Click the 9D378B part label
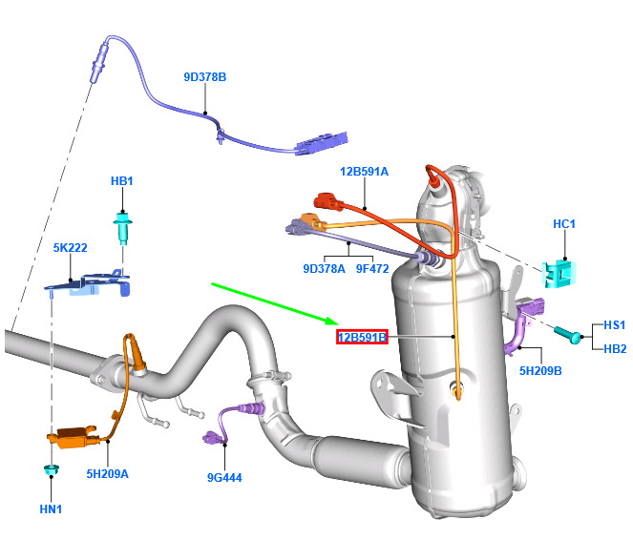click(x=204, y=77)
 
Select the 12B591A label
click(x=364, y=172)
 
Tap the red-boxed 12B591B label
click(x=362, y=337)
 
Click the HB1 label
click(x=122, y=181)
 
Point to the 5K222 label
click(x=71, y=248)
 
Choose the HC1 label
click(x=564, y=224)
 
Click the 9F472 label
click(x=372, y=269)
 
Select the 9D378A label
click(x=325, y=269)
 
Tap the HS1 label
click(x=615, y=324)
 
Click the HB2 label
click(x=615, y=348)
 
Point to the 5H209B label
click(x=540, y=370)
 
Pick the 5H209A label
click(x=107, y=473)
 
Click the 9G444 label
click(x=224, y=477)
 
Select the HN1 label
click(x=51, y=509)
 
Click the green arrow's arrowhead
click(x=332, y=321)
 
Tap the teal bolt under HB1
click(x=122, y=227)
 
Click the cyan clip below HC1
click(x=559, y=274)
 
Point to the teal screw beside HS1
click(x=568, y=334)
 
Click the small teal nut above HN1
click(x=52, y=469)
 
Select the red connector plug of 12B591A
click(x=327, y=201)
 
